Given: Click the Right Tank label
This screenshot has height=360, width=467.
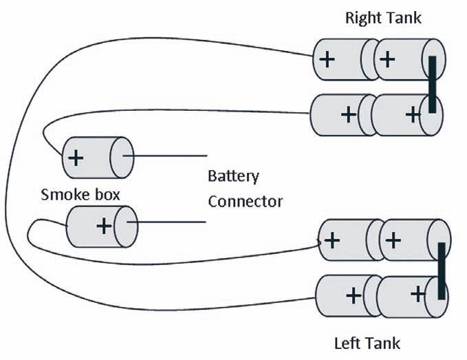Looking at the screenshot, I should [x=383, y=17].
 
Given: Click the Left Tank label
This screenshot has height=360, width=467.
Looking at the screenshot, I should [x=367, y=343].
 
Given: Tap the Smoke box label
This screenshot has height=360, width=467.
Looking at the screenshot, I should [x=80, y=194].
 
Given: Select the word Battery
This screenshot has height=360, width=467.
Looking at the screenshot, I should [x=233, y=176].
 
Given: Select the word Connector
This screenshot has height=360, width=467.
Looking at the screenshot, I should [x=245, y=202].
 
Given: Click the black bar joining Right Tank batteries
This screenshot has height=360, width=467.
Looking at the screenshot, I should [x=432, y=85].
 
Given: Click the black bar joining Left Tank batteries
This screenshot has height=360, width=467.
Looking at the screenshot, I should [x=441, y=271].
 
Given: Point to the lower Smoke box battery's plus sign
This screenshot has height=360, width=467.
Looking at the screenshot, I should [x=104, y=226].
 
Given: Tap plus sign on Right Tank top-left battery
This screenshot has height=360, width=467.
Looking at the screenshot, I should [x=327, y=59].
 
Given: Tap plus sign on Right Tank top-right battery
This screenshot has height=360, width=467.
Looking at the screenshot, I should [x=387, y=59].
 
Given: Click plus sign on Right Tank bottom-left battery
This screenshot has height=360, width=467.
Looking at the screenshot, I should [x=349, y=114].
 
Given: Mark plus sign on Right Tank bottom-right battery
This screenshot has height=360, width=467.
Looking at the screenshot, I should [x=413, y=114].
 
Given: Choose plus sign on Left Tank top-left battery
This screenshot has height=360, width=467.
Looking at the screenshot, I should [x=332, y=240].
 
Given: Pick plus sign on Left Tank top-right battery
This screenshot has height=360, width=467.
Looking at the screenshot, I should [x=393, y=240].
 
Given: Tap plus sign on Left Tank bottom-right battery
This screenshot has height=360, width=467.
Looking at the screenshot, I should [x=417, y=295].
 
